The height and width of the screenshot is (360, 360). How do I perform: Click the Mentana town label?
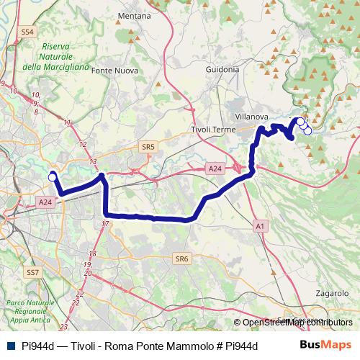coord(134,15)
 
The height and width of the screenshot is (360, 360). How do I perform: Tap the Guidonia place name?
coord(222,70)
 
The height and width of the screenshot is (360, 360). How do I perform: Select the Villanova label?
coord(252,115)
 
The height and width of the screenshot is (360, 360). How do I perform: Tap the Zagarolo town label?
coord(331,293)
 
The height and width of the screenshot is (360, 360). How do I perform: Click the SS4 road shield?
coord(28,32)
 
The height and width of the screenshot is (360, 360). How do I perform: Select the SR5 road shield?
coord(148,146)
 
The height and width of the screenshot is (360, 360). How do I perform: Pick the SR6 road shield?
coord(181,258)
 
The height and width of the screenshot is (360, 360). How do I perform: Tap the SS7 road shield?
coord(32,273)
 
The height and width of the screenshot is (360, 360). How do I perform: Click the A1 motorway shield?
coord(259,226)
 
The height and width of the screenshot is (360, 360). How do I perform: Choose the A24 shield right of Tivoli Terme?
coord(215,168)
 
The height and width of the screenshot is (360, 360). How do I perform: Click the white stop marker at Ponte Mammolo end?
coord(52,176)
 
